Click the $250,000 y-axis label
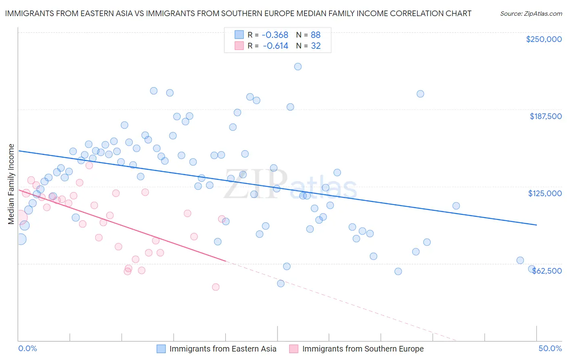click(x=544, y=39)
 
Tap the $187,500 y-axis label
click(x=546, y=116)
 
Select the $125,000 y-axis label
click(x=545, y=193)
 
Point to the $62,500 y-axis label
click(x=547, y=271)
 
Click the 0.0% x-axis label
click(x=28, y=348)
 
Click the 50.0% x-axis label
click(x=550, y=348)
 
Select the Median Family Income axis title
click(x=11, y=184)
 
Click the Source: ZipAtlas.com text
click(x=531, y=14)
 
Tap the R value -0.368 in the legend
click(x=275, y=35)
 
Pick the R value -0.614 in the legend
click(x=275, y=46)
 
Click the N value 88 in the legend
click(x=315, y=35)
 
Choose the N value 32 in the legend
click(x=315, y=46)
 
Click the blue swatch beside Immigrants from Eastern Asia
click(x=161, y=349)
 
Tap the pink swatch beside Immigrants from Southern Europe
click(x=294, y=349)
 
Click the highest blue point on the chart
click(x=298, y=67)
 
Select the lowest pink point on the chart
click(x=216, y=287)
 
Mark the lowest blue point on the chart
click(x=281, y=283)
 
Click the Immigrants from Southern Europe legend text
click(x=363, y=349)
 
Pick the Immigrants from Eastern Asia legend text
click(x=223, y=349)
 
